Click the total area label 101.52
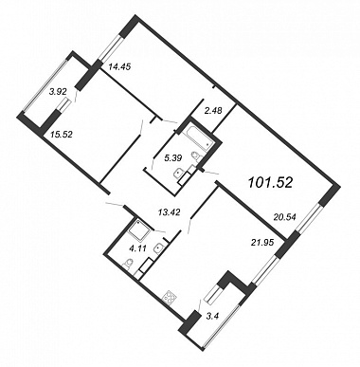270,182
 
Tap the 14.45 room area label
119,66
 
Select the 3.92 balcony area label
58,92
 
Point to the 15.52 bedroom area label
62,135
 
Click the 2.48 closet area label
213,111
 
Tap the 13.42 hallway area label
169,212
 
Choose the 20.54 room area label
284,217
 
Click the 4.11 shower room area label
138,248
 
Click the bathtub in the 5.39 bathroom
198,139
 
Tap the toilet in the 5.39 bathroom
198,156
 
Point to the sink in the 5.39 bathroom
178,174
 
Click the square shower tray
141,229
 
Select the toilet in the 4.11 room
128,264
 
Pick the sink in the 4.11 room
158,248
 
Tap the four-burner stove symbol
170,298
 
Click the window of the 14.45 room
110,47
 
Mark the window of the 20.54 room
308,219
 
